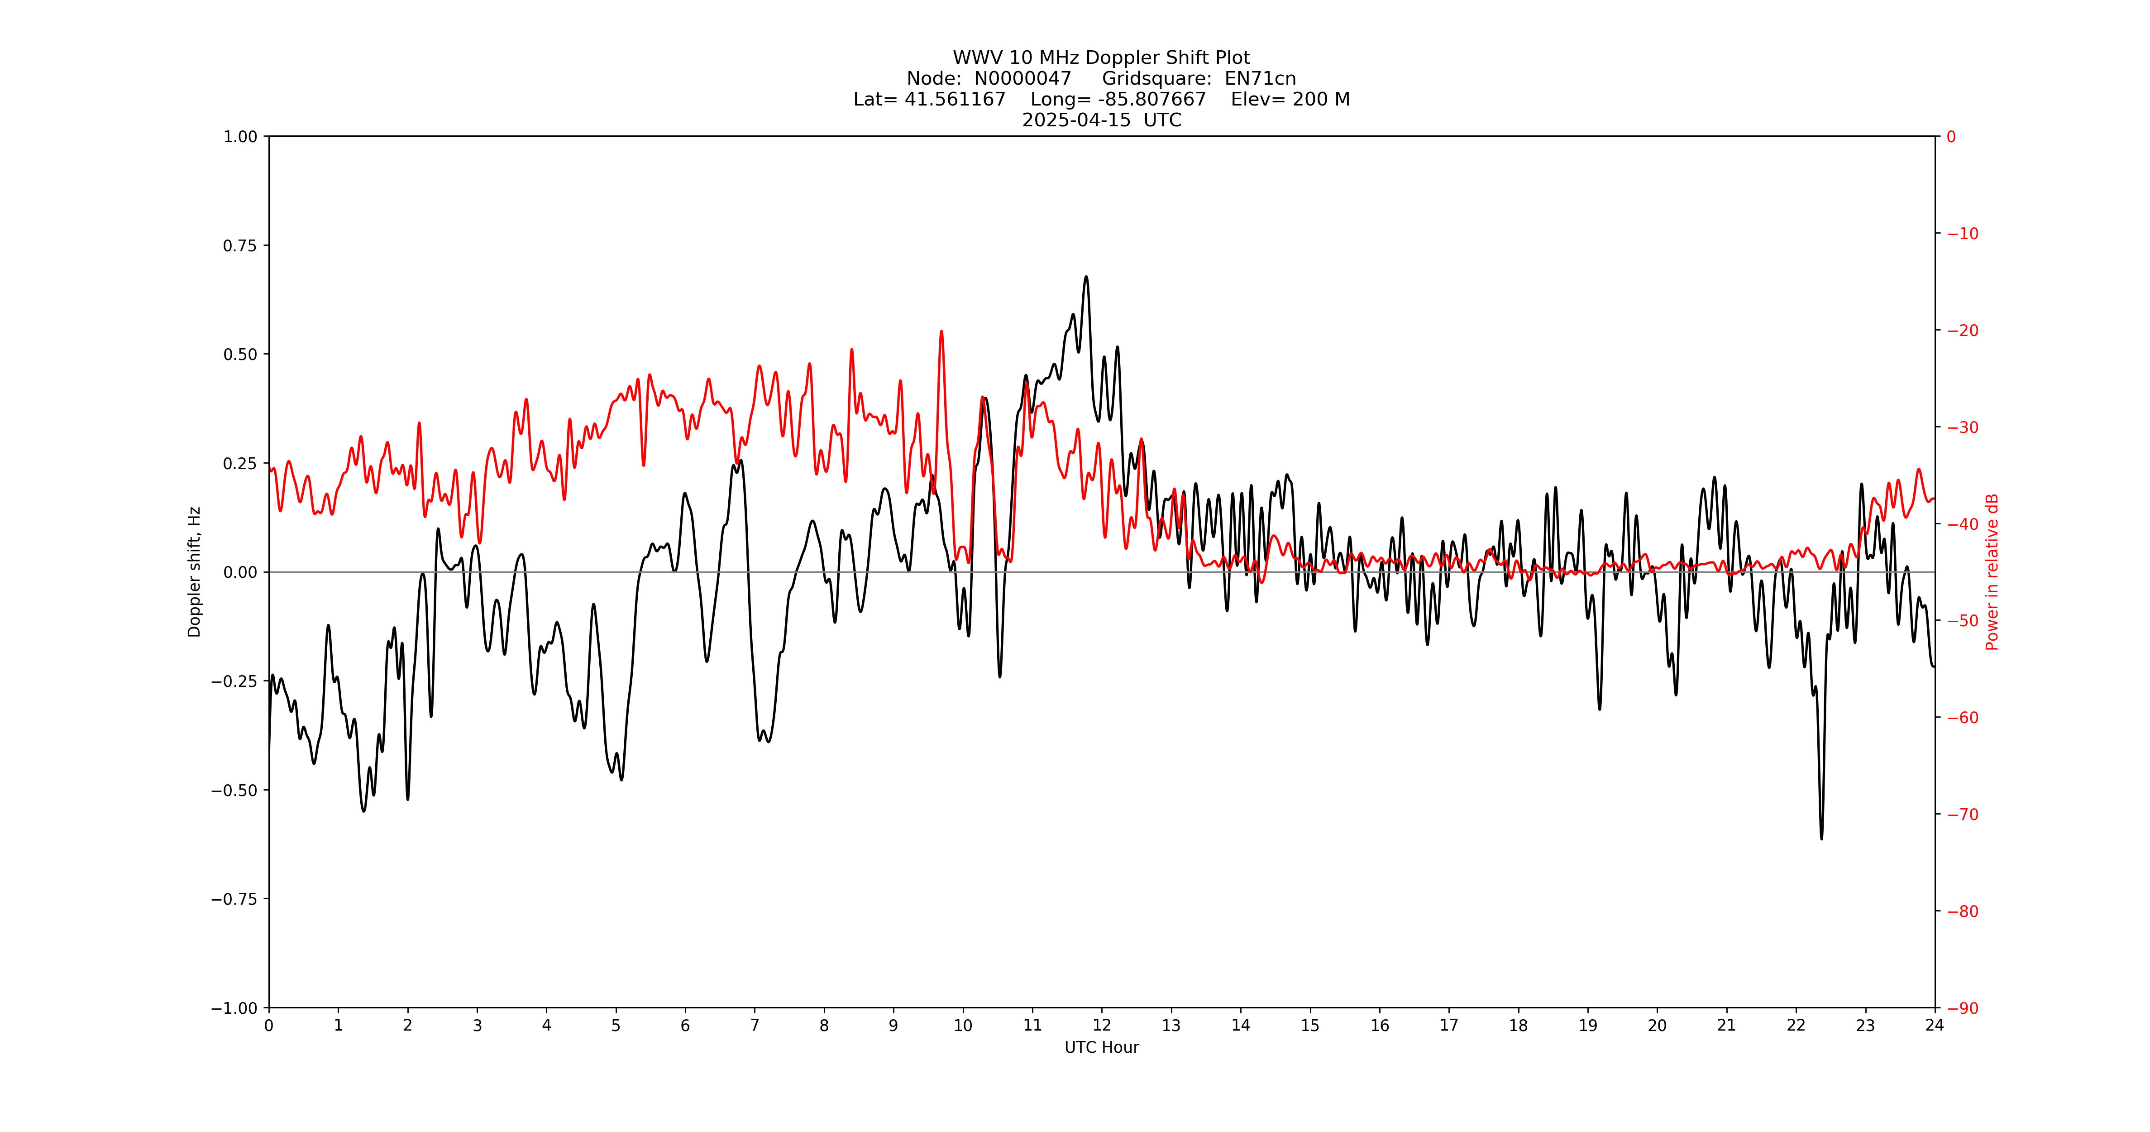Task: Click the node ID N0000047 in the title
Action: pos(1022,78)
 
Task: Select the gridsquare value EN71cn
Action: pos(1260,78)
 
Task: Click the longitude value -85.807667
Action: pos(1152,99)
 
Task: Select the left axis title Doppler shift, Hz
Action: pos(195,572)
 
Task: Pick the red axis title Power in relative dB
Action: pos(1992,572)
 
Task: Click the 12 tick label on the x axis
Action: pos(1102,1025)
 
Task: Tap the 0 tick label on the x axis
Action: pos(269,1025)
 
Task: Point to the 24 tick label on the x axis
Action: pos(1935,1025)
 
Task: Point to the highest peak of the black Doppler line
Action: pos(1086,276)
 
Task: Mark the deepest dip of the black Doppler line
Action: pos(1821,838)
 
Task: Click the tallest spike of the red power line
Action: pos(941,331)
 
